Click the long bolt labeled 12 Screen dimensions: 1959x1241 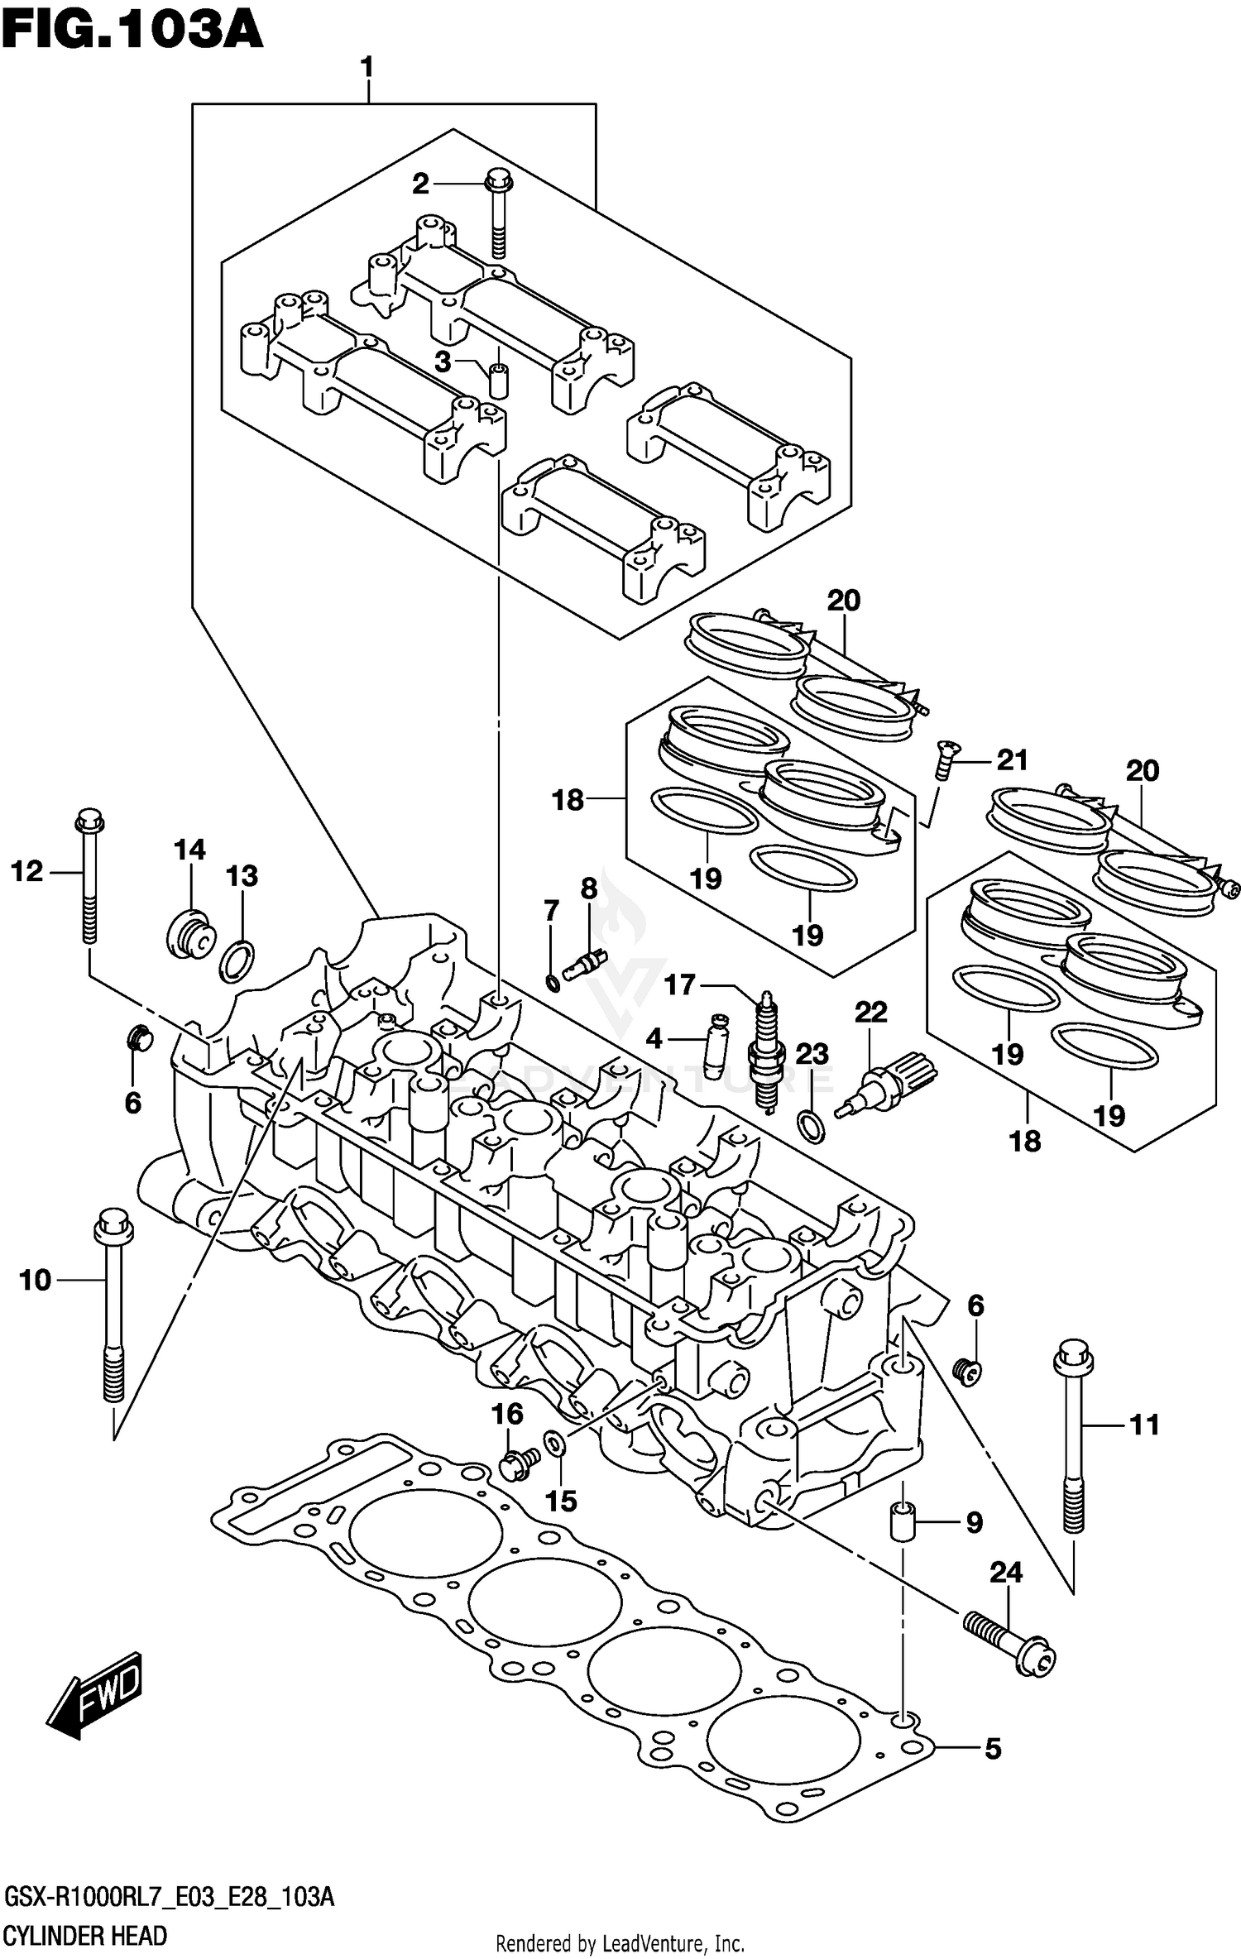pyautogui.click(x=89, y=877)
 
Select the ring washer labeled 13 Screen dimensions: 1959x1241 pyautogui.click(x=237, y=960)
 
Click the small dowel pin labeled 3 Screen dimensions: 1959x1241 pyautogui.click(x=498, y=378)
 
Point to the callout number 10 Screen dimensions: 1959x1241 pyautogui.click(x=35, y=1280)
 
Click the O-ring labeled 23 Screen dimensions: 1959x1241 pyautogui.click(x=810, y=1126)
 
